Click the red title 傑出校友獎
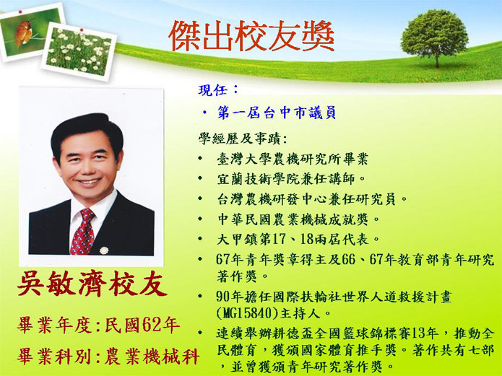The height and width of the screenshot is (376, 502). point(251,36)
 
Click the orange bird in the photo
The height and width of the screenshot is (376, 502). point(23,32)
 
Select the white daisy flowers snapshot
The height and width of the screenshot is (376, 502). point(79,51)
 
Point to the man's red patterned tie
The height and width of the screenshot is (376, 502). point(83,232)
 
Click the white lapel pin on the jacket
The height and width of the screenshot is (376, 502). point(104,250)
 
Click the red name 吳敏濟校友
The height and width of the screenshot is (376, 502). point(92,284)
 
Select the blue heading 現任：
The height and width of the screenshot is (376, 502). point(218,90)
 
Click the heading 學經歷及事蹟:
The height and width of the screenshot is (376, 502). point(243,139)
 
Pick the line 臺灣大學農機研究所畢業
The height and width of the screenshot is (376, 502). point(293,159)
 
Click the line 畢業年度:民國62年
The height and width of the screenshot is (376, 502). point(98,325)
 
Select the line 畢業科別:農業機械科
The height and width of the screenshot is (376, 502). point(109,357)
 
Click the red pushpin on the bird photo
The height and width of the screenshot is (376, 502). point(20,12)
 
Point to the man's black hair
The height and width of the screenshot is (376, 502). point(87,133)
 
